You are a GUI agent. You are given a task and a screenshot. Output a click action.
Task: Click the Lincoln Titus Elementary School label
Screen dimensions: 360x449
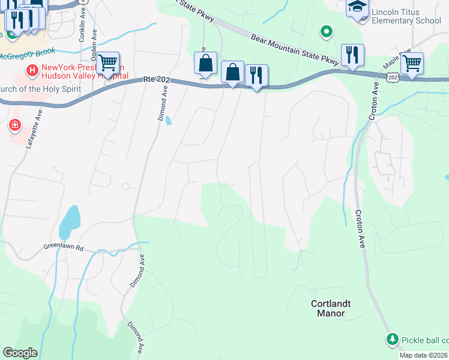[x=406, y=16]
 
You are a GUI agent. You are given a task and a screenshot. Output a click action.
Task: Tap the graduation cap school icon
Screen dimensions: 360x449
[x=357, y=8]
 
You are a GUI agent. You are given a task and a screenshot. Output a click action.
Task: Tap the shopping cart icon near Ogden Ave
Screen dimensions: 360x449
[x=107, y=62]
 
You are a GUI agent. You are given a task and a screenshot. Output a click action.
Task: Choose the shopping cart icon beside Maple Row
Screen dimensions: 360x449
[x=412, y=64]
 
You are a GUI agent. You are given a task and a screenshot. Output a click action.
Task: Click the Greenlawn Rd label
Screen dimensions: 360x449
[x=62, y=247]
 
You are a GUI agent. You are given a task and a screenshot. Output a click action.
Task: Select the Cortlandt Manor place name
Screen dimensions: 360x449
[x=328, y=308]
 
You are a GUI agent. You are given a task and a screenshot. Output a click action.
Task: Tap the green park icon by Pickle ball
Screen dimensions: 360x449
[x=393, y=340]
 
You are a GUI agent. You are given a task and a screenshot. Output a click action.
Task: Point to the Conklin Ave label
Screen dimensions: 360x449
[x=82, y=27]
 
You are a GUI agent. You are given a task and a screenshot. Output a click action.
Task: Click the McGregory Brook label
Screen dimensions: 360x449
[x=26, y=56]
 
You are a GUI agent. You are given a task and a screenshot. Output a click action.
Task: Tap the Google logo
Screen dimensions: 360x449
[x=20, y=353]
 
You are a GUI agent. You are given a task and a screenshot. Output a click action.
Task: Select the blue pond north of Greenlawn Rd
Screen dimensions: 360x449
[x=70, y=221]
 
